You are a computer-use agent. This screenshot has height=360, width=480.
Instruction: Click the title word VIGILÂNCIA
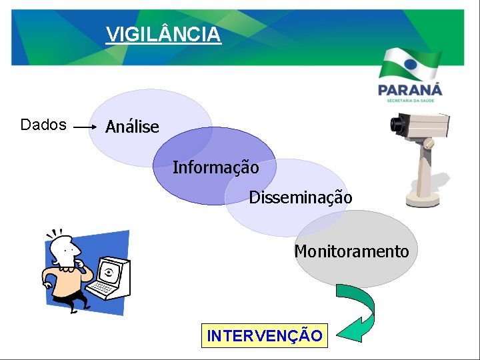(163, 33)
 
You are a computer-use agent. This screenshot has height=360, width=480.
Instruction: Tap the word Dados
(43, 125)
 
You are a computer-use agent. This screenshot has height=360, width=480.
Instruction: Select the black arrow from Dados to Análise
(85, 126)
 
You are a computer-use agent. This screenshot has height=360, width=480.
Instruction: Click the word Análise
(132, 127)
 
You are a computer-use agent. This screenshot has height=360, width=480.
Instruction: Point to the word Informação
(215, 167)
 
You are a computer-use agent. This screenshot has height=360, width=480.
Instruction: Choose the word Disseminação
(300, 197)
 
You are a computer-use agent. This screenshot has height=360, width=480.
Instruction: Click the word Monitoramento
(351, 251)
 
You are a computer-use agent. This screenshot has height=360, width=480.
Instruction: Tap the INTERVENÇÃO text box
(265, 335)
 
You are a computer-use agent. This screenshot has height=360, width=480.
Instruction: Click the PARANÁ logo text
(409, 89)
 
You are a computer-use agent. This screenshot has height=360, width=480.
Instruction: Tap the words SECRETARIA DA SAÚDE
(409, 101)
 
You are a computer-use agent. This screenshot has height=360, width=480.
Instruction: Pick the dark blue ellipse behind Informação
(193, 190)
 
